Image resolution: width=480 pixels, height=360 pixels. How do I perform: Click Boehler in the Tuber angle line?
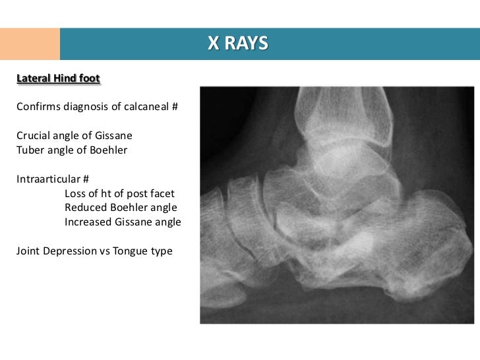pos(103,150)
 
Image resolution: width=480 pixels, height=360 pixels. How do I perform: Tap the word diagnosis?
pos(92,106)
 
